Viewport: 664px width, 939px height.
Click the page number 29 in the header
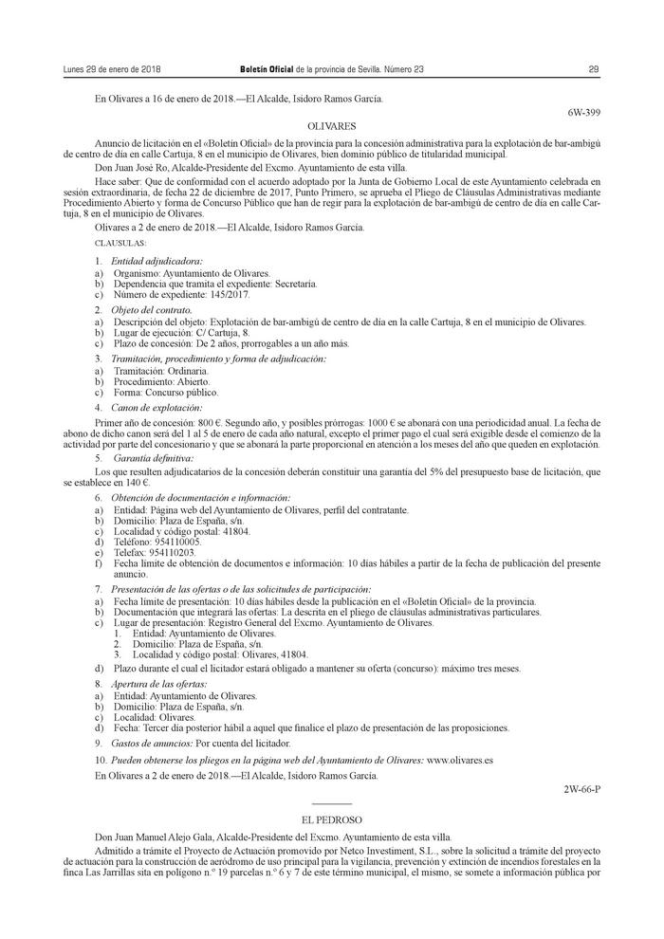point(593,69)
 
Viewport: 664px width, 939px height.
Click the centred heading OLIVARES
point(332,125)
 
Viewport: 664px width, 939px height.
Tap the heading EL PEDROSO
point(332,819)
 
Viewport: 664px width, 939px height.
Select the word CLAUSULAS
point(120,244)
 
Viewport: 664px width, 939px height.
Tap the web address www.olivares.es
point(460,761)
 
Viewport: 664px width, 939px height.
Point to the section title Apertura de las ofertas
point(158,683)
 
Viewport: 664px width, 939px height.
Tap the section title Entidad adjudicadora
point(157,261)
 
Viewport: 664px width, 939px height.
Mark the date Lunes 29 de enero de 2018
point(111,69)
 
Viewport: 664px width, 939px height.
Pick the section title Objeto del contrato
point(152,310)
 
